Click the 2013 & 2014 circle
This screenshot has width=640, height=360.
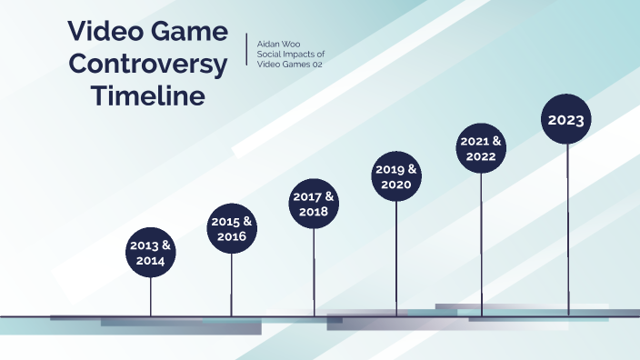coord(150,253)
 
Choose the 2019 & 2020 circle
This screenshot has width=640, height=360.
coord(396,176)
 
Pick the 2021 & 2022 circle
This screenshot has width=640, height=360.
coord(481,149)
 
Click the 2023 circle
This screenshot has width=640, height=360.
coord(567,119)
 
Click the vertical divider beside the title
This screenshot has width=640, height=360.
coord(247,50)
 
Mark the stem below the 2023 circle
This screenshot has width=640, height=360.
coord(568,227)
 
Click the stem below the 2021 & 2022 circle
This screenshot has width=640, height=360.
coord(481,241)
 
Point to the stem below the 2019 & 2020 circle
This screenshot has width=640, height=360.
coord(396,255)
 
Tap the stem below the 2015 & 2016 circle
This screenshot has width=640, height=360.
coord(232,284)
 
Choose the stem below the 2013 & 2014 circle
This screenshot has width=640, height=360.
coord(151,295)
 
